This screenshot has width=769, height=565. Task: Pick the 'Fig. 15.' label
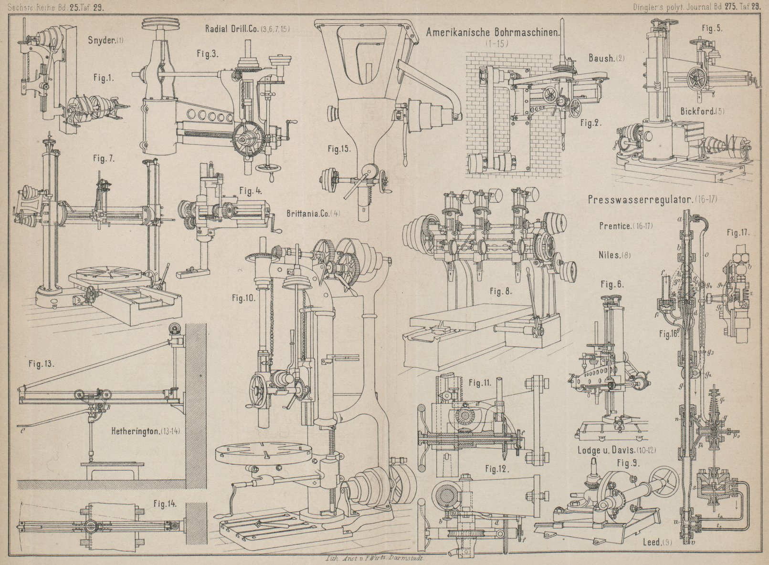(x=339, y=148)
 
